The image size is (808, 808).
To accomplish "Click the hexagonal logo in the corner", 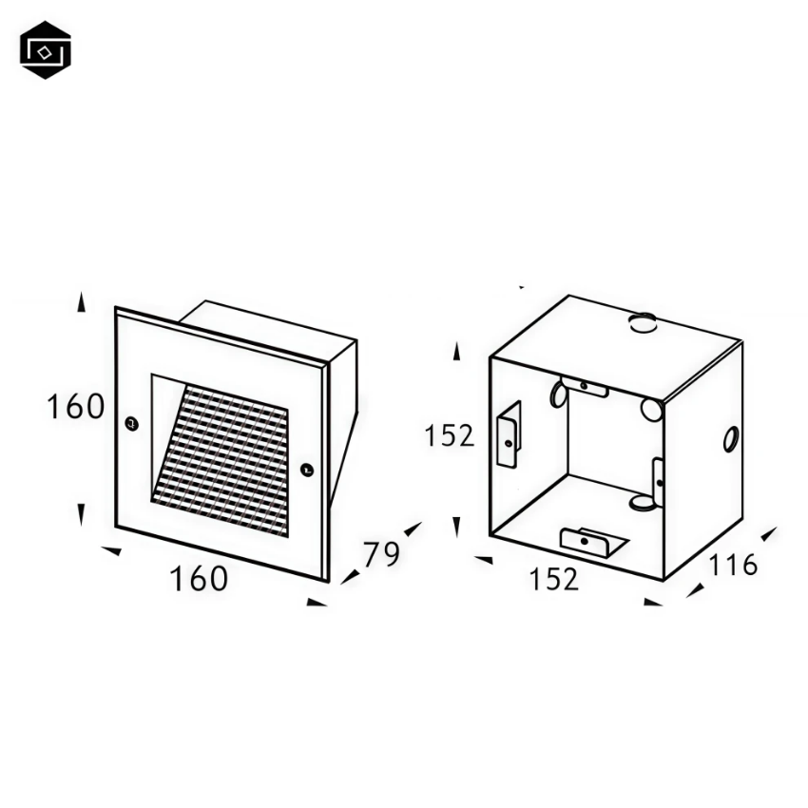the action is click(46, 50).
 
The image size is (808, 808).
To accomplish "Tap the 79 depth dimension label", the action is click(381, 554).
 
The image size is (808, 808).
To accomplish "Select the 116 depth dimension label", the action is click(733, 565).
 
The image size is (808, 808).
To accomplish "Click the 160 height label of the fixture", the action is click(76, 407).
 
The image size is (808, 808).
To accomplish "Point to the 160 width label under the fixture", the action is click(199, 578).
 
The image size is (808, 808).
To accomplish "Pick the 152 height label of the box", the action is click(449, 435).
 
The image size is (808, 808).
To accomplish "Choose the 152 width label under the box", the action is click(554, 579).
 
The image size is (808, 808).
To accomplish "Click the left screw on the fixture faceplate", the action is click(132, 424).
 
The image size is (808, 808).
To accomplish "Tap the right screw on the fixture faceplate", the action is click(307, 470).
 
